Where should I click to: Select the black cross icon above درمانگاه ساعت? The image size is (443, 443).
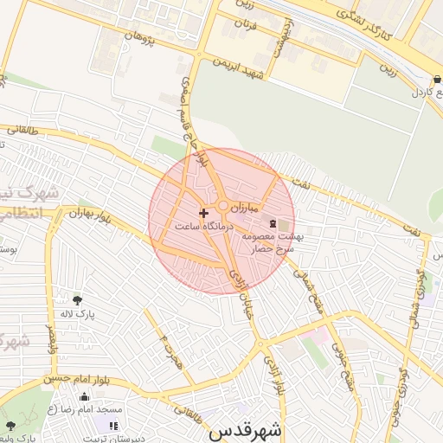(x=203, y=212)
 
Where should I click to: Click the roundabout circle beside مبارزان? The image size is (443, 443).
(x=223, y=206)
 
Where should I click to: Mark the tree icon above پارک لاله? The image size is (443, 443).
(x=78, y=300)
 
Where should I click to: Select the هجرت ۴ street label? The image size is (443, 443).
(x=164, y=347)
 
